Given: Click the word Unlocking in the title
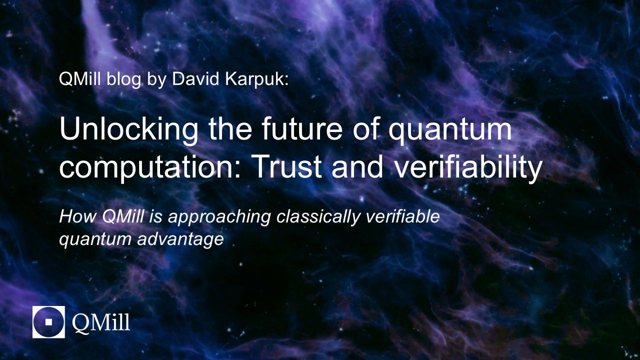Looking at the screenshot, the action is (128, 129).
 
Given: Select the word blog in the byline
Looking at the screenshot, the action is (123, 80).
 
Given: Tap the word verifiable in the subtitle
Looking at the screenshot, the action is (402, 216).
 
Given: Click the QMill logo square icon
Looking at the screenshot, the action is (48, 322).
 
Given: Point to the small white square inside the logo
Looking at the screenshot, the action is (48, 322).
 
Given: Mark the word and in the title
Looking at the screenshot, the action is (357, 167).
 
